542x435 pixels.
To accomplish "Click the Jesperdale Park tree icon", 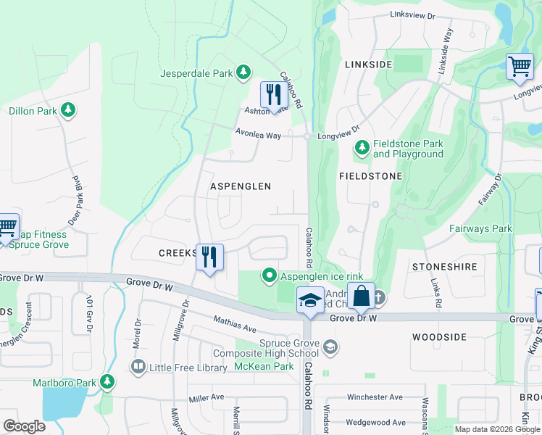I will tap(244, 72).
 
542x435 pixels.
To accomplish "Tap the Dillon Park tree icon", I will tap(68, 110).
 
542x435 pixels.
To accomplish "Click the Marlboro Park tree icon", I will tap(107, 381).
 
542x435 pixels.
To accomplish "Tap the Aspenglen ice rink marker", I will tap(270, 275).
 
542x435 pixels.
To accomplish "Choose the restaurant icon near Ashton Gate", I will tap(271, 94).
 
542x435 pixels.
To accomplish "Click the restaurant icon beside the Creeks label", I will tap(209, 257).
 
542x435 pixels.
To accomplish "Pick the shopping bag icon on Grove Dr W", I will tap(361, 297).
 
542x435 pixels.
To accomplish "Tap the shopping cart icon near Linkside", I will tap(520, 67).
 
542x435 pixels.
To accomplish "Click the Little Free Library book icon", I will tap(138, 367).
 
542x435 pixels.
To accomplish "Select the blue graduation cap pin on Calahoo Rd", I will tap(309, 300).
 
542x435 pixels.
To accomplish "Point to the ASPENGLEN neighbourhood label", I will tap(241, 186).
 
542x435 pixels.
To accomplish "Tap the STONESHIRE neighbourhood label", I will tap(445, 267).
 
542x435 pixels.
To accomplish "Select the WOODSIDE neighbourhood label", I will tap(439, 337).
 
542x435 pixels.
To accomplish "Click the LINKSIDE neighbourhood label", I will tap(368, 65).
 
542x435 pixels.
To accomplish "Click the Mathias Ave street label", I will tap(235, 324).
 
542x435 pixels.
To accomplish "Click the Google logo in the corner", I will tap(24, 426).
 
